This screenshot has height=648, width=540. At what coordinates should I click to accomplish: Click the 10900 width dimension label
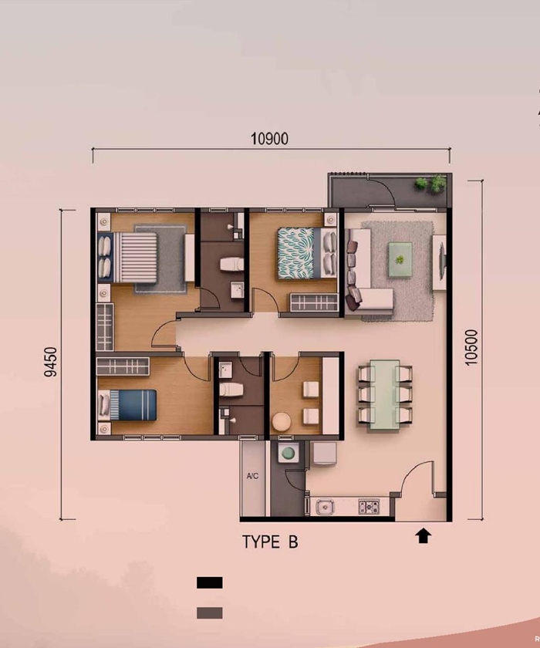point(269,139)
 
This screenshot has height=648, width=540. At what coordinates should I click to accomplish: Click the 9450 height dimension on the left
point(51,362)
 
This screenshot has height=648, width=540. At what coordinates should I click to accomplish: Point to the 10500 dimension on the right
point(471,347)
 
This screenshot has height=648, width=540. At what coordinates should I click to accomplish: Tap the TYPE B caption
point(270,542)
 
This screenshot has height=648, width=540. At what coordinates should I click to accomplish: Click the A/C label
point(252,476)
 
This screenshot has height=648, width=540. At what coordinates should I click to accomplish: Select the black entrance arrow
point(423,535)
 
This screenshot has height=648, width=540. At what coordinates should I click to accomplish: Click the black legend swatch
point(210,582)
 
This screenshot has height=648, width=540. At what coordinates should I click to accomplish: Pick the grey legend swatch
point(210,613)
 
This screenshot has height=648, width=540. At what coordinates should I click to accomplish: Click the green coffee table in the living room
point(400,259)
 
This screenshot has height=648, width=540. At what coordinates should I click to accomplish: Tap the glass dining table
point(385,395)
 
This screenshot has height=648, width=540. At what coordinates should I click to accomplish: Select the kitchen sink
point(325,507)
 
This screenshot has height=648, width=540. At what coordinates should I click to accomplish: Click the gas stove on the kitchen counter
point(369,507)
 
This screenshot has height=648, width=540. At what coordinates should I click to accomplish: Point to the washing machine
point(289,453)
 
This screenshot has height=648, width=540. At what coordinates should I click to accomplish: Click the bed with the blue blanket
point(127,405)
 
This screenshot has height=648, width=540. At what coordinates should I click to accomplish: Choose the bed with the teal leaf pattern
point(307,253)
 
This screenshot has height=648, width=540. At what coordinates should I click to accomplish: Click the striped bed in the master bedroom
point(127,258)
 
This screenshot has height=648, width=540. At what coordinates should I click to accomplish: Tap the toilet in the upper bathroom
point(231,265)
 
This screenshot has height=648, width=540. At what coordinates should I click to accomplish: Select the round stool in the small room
point(282,421)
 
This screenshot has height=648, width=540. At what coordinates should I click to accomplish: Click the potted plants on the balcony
point(430,184)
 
